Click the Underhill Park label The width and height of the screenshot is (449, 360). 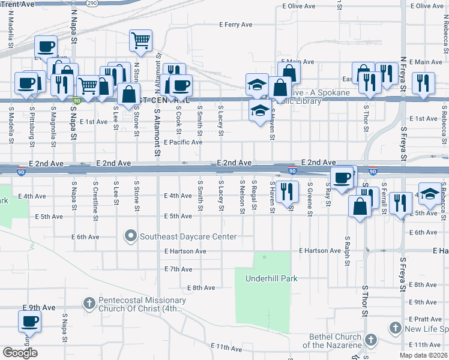click(271, 278)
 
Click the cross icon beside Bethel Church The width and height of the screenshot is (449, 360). click(370, 340)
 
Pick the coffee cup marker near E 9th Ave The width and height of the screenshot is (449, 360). click(28, 321)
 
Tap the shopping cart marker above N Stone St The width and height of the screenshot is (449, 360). click(140, 41)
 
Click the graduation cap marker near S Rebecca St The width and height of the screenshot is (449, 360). click(429, 193)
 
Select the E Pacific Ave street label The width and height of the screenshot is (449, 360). click(183, 142)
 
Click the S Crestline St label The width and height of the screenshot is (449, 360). click(95, 196)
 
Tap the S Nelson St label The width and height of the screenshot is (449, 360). click(243, 196)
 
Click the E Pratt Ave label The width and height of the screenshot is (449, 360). click(424, 319)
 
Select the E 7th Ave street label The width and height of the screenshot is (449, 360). click(177, 269)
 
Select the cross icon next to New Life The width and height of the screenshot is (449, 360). click(395, 328)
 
